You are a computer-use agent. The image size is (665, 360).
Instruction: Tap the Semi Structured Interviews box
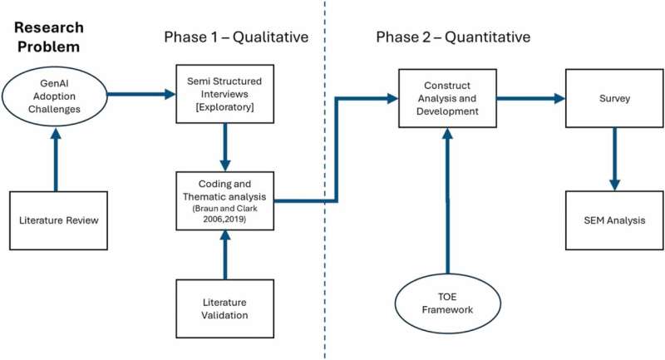pos(224,96)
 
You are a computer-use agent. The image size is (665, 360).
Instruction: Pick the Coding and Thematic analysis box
pos(224,200)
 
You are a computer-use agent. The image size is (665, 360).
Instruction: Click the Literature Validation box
pos(224,308)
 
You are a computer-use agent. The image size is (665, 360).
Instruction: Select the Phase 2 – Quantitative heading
pos(453,37)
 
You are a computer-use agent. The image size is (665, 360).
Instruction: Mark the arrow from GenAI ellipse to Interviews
pos(137,96)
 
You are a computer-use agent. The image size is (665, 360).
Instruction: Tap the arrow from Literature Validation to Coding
pos(224,254)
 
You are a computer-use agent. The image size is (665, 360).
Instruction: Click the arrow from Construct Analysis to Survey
pos(532,98)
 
